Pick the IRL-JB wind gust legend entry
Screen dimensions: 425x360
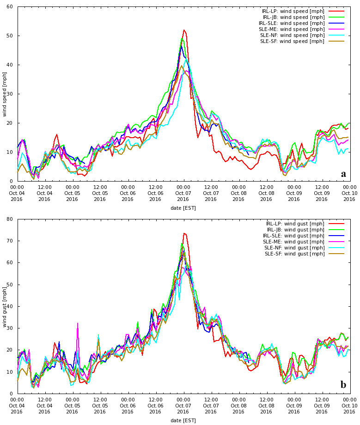pyautogui.click(x=296, y=230)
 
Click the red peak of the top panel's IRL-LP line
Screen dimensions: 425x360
pyautogui.click(x=184, y=30)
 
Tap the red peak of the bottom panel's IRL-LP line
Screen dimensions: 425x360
pyautogui.click(x=184, y=233)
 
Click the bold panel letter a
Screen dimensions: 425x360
pyautogui.click(x=343, y=174)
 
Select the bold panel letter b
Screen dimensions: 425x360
pyautogui.click(x=343, y=385)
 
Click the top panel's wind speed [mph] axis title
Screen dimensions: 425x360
pyautogui.click(x=5, y=94)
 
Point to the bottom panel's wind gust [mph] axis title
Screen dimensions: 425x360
pyautogui.click(x=5, y=306)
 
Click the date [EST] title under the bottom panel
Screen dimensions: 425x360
pyautogui.click(x=183, y=420)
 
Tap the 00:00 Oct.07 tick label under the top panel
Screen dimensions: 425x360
pyautogui.click(x=183, y=193)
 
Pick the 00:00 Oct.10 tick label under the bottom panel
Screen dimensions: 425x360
pyautogui.click(x=349, y=405)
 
